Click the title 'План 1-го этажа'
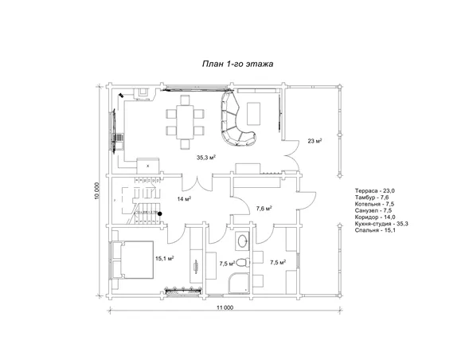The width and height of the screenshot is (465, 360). (x=237, y=64)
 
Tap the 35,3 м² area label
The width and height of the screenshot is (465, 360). (x=205, y=158)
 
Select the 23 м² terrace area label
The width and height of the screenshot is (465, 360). (x=315, y=141)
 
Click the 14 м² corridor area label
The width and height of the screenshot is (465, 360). (x=184, y=198)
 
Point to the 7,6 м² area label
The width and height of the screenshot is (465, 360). (x=264, y=209)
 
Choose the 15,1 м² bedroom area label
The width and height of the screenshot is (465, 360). (x=165, y=258)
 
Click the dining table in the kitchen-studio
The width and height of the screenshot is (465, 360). (x=185, y=122)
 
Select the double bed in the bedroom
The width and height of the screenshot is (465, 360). (x=133, y=260)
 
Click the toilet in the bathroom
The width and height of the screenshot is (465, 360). (x=244, y=263)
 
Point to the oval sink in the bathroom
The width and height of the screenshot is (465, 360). (x=243, y=241)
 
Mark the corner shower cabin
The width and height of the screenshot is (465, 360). (x=239, y=284)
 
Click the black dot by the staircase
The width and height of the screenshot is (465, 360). (x=159, y=213)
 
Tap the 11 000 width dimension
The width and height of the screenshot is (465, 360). (x=225, y=307)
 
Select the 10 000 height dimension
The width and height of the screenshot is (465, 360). (x=98, y=190)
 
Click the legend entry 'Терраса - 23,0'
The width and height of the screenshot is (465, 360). (x=374, y=190)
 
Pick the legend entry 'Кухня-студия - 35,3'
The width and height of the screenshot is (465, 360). (x=381, y=224)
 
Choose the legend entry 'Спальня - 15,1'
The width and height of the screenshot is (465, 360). (x=375, y=230)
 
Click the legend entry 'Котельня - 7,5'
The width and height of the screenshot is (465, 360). (x=374, y=204)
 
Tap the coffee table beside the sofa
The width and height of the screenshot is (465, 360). (x=254, y=114)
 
